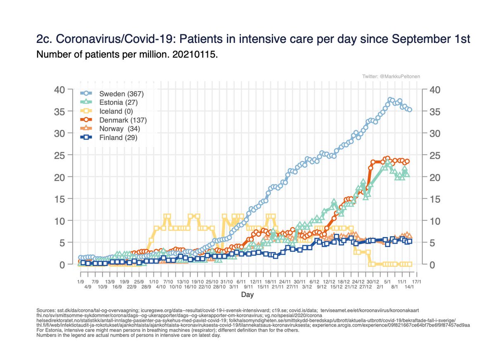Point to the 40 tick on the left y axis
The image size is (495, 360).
point(60,90)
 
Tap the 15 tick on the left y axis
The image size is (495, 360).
point(60,199)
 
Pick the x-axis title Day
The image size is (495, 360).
point(247,294)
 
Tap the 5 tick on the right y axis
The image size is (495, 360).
point(433,242)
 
